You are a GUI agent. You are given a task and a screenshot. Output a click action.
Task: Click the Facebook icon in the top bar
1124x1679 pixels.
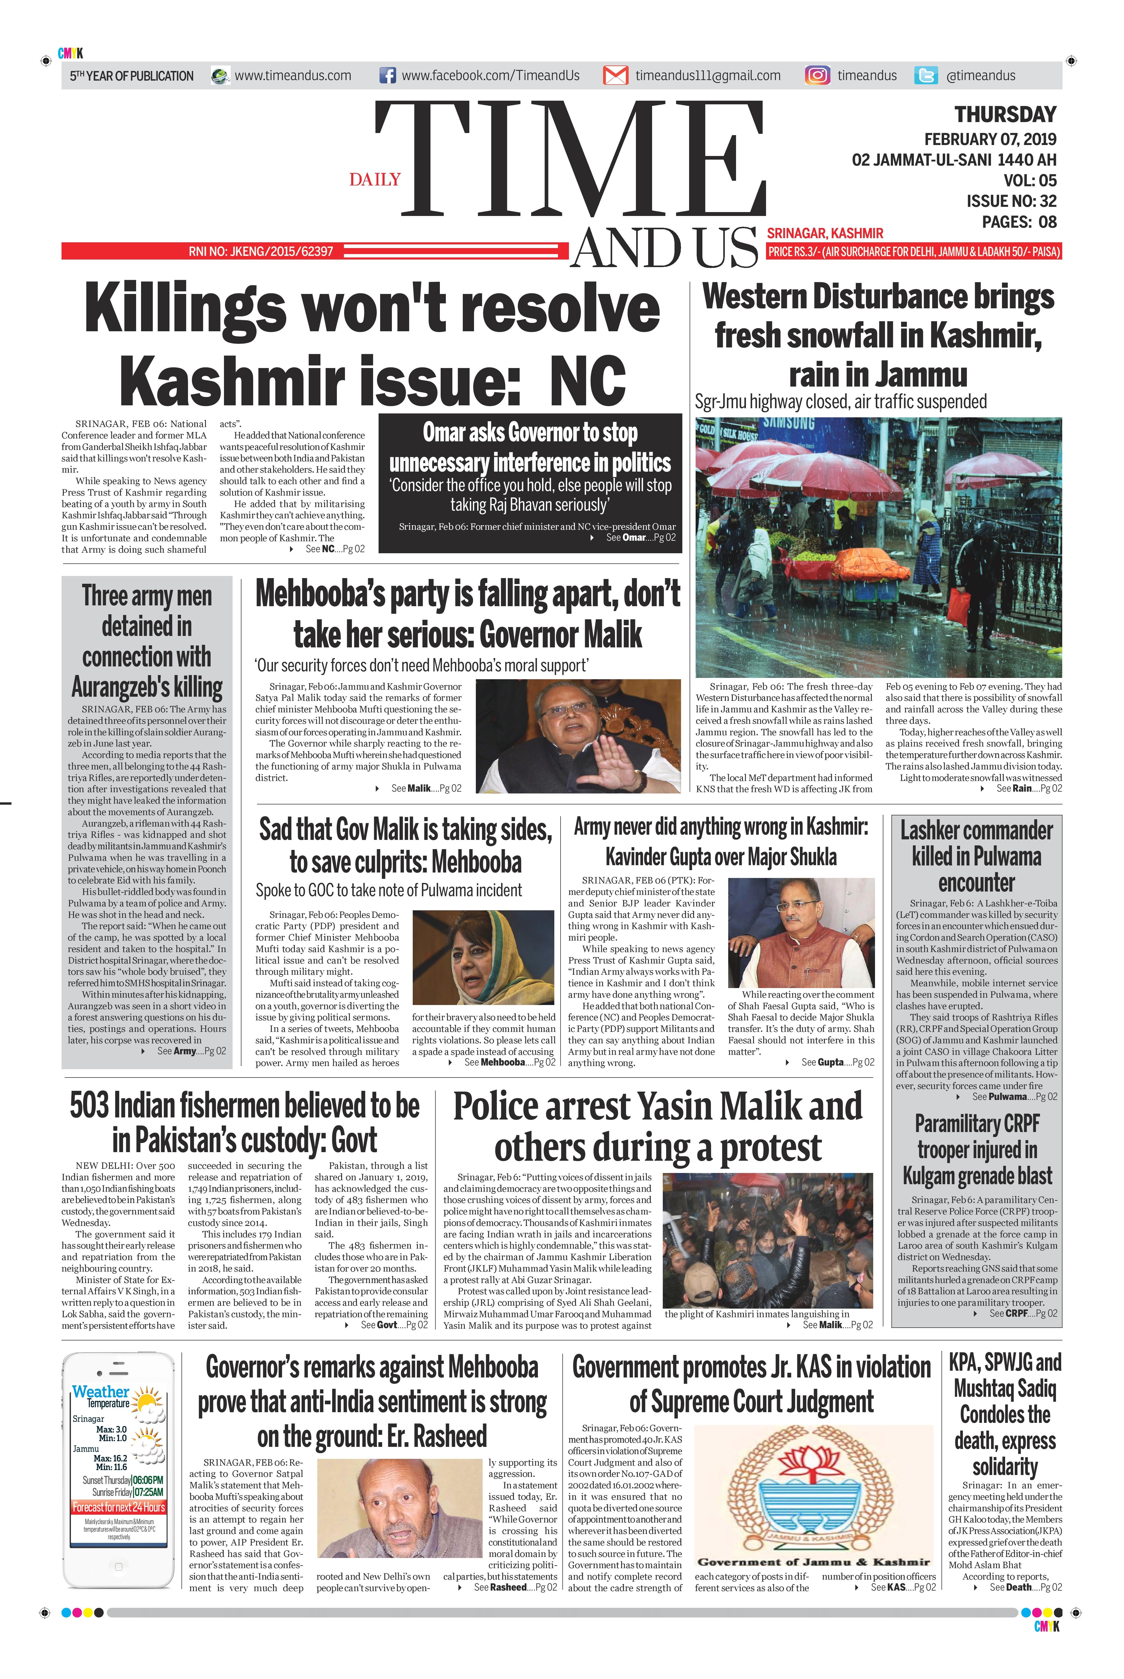[x=388, y=75]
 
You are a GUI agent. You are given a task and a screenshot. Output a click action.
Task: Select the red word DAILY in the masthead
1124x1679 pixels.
[x=375, y=179]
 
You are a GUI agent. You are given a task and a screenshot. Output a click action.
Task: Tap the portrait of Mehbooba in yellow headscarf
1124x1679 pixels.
[x=483, y=957]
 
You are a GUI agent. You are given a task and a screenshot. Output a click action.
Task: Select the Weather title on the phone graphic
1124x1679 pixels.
[x=100, y=1392]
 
